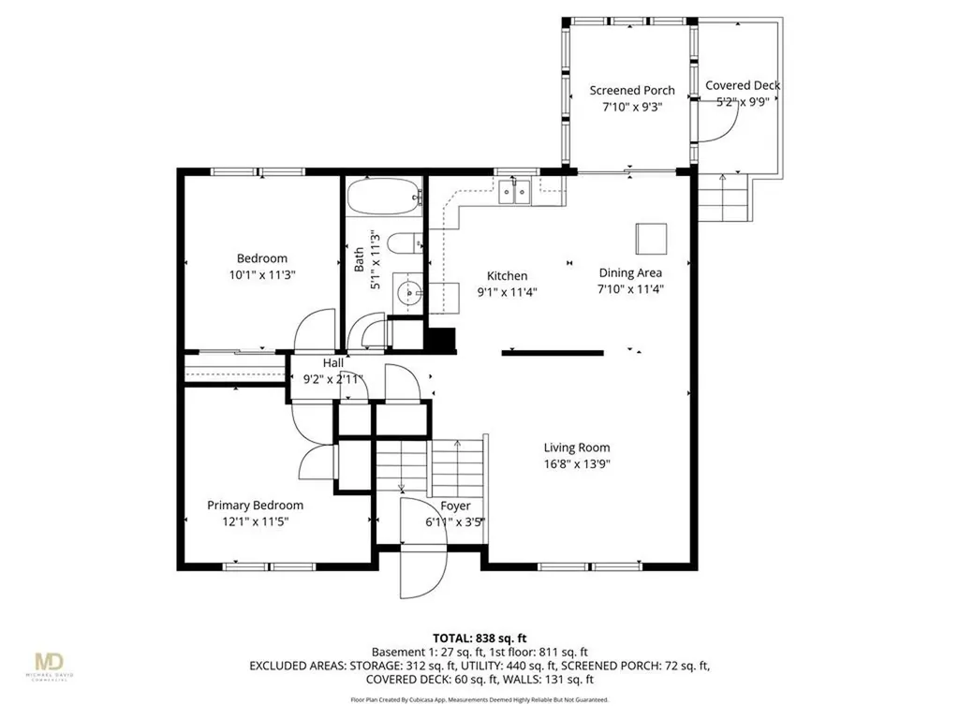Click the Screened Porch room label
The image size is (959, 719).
pos(631,91)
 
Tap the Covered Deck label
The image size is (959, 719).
pos(743,86)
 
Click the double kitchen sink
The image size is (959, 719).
pos(515,193)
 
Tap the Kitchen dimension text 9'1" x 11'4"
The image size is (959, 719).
pos(507,292)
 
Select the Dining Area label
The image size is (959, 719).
pos(630,273)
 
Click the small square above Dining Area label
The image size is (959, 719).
pos(651,239)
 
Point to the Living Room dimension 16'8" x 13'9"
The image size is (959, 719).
pos(581,463)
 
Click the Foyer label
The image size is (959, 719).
pos(456,506)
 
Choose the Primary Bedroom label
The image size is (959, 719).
pos(255,506)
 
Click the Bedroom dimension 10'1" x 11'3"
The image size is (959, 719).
pos(261,274)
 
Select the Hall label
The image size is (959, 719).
pos(333,362)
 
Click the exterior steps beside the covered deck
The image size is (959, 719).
pos(728,200)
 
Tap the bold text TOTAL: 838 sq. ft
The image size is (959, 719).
pos(479,635)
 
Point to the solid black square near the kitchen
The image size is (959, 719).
pos(440,338)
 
